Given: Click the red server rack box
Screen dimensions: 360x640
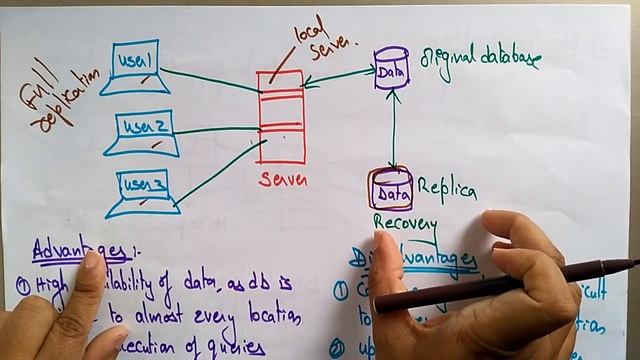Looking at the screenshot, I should [280, 116].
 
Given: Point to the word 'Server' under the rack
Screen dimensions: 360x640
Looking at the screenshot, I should [283, 180].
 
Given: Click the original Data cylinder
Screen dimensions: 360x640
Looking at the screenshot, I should [390, 70].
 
